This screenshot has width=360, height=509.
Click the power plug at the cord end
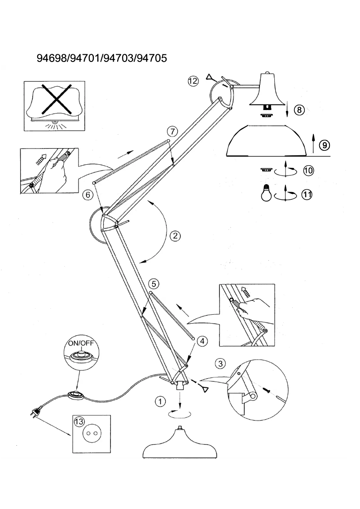(x=37, y=410)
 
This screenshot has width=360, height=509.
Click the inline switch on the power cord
(x=75, y=395)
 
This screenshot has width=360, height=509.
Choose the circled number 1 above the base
(x=158, y=402)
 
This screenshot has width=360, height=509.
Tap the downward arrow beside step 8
(x=287, y=108)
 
